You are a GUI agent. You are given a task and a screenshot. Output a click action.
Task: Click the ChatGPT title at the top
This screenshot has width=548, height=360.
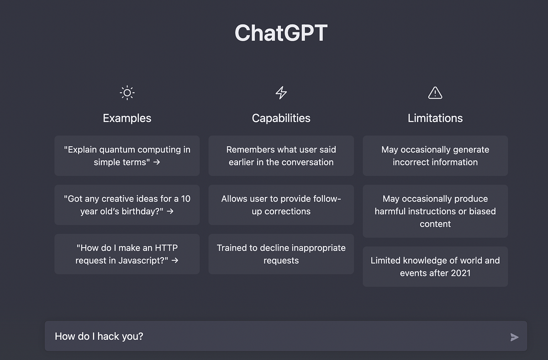[281, 33]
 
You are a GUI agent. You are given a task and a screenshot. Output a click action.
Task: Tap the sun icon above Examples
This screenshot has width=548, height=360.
[127, 93]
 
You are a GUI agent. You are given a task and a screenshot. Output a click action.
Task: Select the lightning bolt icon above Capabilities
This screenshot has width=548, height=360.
[281, 93]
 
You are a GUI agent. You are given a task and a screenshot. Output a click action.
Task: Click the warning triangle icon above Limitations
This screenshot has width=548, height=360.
[435, 93]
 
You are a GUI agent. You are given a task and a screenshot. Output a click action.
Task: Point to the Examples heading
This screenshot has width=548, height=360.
[127, 118]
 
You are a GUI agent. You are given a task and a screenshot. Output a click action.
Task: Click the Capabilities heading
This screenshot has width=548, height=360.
[281, 118]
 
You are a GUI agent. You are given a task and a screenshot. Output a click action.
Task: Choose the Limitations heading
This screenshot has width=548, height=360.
[435, 118]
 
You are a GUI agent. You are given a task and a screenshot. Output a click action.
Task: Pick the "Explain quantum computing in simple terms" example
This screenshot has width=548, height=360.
[127, 156]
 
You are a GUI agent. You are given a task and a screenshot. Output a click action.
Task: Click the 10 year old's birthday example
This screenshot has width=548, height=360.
[127, 205]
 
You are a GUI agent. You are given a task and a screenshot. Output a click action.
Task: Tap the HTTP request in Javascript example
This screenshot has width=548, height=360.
[127, 254]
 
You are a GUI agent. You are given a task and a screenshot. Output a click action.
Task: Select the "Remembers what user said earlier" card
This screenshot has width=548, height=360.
[281, 156]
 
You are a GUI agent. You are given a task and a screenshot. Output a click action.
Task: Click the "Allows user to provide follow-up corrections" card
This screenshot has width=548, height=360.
[281, 205]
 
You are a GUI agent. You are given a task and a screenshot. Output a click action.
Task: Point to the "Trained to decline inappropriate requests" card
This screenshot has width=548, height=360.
[281, 254]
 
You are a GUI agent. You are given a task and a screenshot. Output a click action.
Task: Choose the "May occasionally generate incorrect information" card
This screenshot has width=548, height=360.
[435, 156]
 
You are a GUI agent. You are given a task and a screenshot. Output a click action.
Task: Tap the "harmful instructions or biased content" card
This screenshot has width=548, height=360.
[435, 211]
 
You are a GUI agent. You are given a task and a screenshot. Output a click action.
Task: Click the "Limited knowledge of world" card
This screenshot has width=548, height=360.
[435, 267]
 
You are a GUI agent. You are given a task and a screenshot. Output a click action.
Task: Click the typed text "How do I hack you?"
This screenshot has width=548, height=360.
[99, 337]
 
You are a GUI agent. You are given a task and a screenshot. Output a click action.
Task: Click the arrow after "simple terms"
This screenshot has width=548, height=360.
[157, 162]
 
